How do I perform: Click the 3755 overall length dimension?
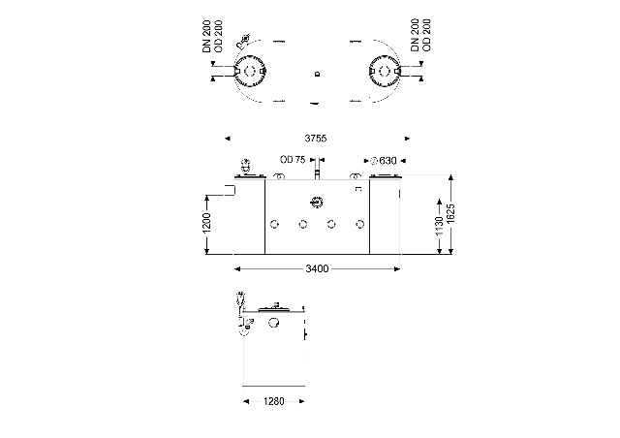coord(316,139)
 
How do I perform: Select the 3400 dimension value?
coord(317,269)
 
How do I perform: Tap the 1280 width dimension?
coord(273,401)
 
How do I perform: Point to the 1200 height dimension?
coord(206,224)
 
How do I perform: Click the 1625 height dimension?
coord(451,213)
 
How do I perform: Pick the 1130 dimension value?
coord(439,227)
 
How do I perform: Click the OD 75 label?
coord(293,160)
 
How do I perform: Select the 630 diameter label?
coord(384,161)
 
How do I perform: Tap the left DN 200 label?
coord(206,37)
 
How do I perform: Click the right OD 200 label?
coord(426,35)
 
